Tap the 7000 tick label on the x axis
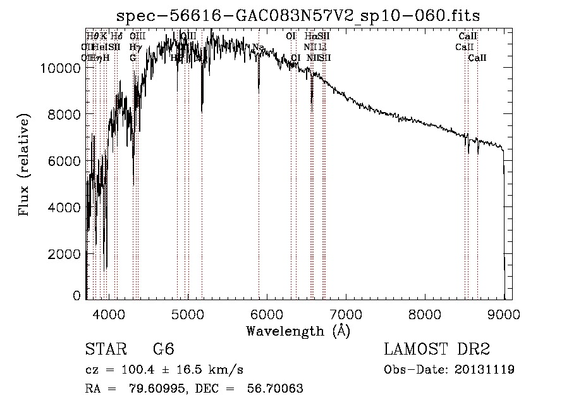pos(346,313)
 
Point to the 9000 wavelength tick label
pos(504,313)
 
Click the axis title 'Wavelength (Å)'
pos(298,331)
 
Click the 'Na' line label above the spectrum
pos(258,47)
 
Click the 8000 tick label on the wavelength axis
pos(425,313)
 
